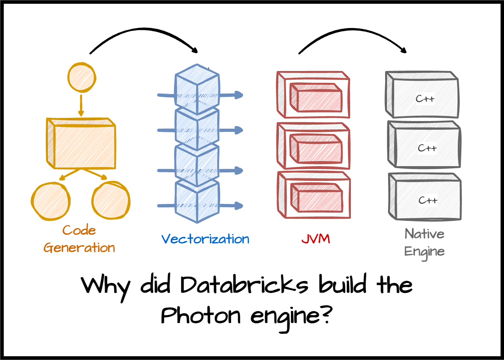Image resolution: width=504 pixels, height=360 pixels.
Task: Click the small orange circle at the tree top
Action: tap(82, 77)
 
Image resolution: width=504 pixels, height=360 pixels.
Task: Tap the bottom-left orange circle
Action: tap(51, 201)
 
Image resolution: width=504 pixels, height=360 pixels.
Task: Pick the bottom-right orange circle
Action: tap(111, 200)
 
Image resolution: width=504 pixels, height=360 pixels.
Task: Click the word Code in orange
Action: tap(79, 230)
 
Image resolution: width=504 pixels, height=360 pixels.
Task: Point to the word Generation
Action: tap(79, 248)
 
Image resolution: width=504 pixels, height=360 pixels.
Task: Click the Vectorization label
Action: tap(205, 239)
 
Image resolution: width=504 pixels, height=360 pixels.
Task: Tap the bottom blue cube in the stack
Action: tap(197, 202)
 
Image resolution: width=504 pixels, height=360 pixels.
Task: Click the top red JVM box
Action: tap(313, 95)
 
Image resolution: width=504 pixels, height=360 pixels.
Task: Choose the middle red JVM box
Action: tap(313, 146)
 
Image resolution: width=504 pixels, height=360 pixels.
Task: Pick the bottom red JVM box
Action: tap(313, 195)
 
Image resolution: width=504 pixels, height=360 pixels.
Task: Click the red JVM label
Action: tap(316, 239)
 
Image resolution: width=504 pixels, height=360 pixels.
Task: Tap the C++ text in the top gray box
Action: tap(425, 99)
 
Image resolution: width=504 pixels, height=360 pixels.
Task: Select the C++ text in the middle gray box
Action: tap(427, 148)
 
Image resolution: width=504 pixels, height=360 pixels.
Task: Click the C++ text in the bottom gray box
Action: tap(428, 200)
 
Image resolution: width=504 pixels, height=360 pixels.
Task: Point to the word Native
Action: tap(424, 234)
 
